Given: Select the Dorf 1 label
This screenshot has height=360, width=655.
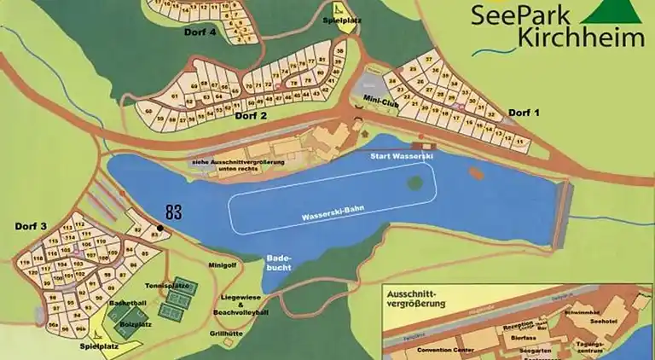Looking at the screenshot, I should pos(525,113).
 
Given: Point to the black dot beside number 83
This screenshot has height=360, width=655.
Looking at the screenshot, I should pos(159,228).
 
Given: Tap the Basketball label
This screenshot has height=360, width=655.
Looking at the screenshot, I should pos(127,303).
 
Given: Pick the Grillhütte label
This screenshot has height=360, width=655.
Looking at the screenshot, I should pos(227,334).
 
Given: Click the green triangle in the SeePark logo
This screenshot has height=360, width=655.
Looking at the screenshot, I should pos(612,14).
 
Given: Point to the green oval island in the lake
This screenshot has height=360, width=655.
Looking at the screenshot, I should pos(414,182).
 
